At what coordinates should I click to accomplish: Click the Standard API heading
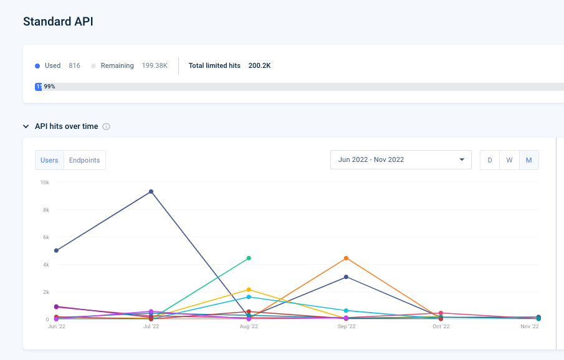pyautogui.click(x=58, y=21)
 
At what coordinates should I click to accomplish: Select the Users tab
pyautogui.click(x=49, y=160)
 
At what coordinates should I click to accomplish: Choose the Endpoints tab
pyautogui.click(x=84, y=160)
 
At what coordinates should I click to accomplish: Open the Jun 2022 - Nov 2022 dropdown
pyautogui.click(x=401, y=159)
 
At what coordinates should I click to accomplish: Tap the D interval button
pyautogui.click(x=490, y=160)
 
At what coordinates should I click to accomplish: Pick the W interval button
pyautogui.click(x=509, y=160)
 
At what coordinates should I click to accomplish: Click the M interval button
pyautogui.click(x=528, y=160)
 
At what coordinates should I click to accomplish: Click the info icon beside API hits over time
pyautogui.click(x=106, y=126)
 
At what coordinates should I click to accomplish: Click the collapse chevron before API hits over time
pyautogui.click(x=26, y=126)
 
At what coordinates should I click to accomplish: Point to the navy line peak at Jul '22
pyautogui.click(x=151, y=191)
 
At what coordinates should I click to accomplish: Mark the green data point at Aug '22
pyautogui.click(x=249, y=258)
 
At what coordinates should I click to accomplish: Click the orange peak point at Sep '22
pyautogui.click(x=346, y=258)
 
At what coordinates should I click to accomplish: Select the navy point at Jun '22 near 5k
pyautogui.click(x=56, y=250)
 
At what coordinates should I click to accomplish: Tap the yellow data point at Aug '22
pyautogui.click(x=249, y=290)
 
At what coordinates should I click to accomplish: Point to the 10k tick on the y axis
pyautogui.click(x=45, y=182)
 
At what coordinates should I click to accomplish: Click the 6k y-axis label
pyautogui.click(x=45, y=237)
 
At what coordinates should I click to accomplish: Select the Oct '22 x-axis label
pyautogui.click(x=441, y=326)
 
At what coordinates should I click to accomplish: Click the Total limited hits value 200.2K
pyautogui.click(x=259, y=65)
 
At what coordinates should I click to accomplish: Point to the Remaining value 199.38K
pyautogui.click(x=154, y=65)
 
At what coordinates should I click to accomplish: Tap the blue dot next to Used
pyautogui.click(x=38, y=65)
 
